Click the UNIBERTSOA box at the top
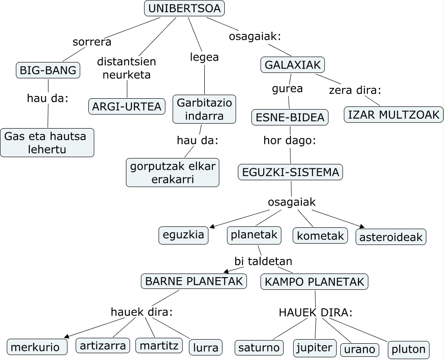tap(184, 9)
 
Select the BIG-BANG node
tap(48, 70)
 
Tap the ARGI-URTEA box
tap(127, 106)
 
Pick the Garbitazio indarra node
tap(204, 109)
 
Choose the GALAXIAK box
tap(293, 65)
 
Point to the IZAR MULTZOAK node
tap(394, 115)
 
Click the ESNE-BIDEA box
tap(290, 117)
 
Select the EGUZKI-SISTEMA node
tap(290, 172)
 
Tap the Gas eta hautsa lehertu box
tap(47, 143)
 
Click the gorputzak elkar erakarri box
tap(172, 173)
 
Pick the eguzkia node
tap(183, 235)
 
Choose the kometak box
tap(321, 235)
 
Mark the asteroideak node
tap(391, 237)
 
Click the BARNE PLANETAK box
tap(194, 281)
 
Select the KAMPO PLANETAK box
tap(314, 282)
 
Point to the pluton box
tap(408, 349)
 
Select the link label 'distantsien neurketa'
tap(126, 68)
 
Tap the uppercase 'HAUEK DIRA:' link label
tap(315, 312)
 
